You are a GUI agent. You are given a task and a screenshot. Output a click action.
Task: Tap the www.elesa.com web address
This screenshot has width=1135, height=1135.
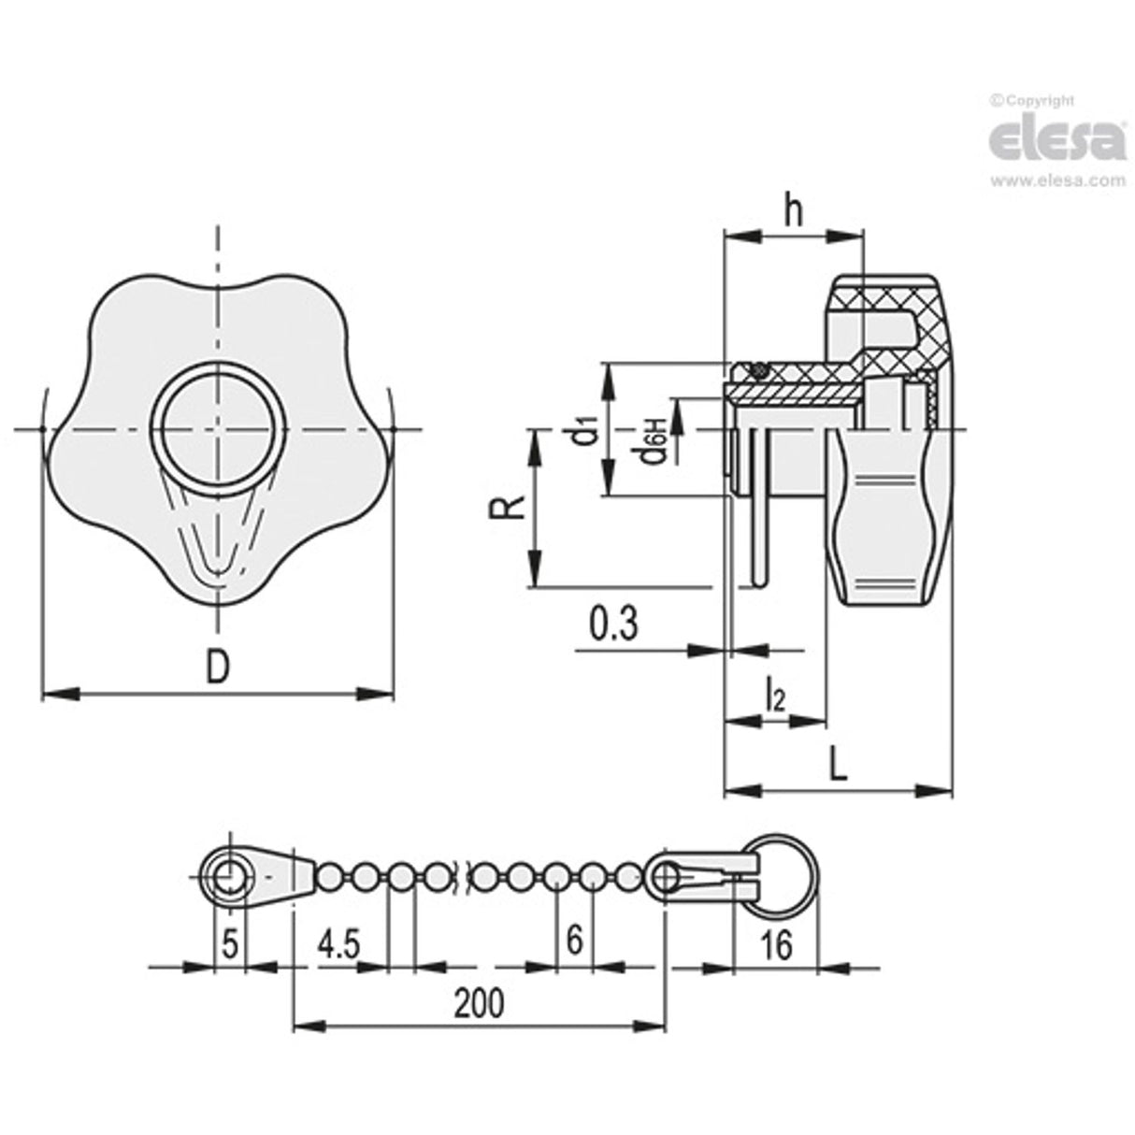pos(1057,181)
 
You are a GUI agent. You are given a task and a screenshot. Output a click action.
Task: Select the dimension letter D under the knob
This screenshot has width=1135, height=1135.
pos(217,668)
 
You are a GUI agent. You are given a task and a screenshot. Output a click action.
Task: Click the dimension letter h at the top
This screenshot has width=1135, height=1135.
pos(794,212)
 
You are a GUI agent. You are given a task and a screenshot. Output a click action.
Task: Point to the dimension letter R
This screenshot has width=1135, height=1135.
pos(502,509)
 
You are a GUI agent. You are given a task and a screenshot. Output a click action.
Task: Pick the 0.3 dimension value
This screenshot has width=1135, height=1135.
pos(614,624)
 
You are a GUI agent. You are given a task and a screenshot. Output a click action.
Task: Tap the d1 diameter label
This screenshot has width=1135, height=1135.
pos(586,432)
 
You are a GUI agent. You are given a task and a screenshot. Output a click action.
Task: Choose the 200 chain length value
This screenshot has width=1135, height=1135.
pos(479,1004)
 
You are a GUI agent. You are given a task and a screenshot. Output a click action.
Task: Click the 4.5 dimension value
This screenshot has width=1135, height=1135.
pos(338,944)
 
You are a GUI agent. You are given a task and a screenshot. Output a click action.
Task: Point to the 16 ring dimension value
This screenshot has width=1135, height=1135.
pos(774,945)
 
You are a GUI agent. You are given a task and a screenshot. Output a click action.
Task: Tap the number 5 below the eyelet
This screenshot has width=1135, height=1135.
pos(230,942)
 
